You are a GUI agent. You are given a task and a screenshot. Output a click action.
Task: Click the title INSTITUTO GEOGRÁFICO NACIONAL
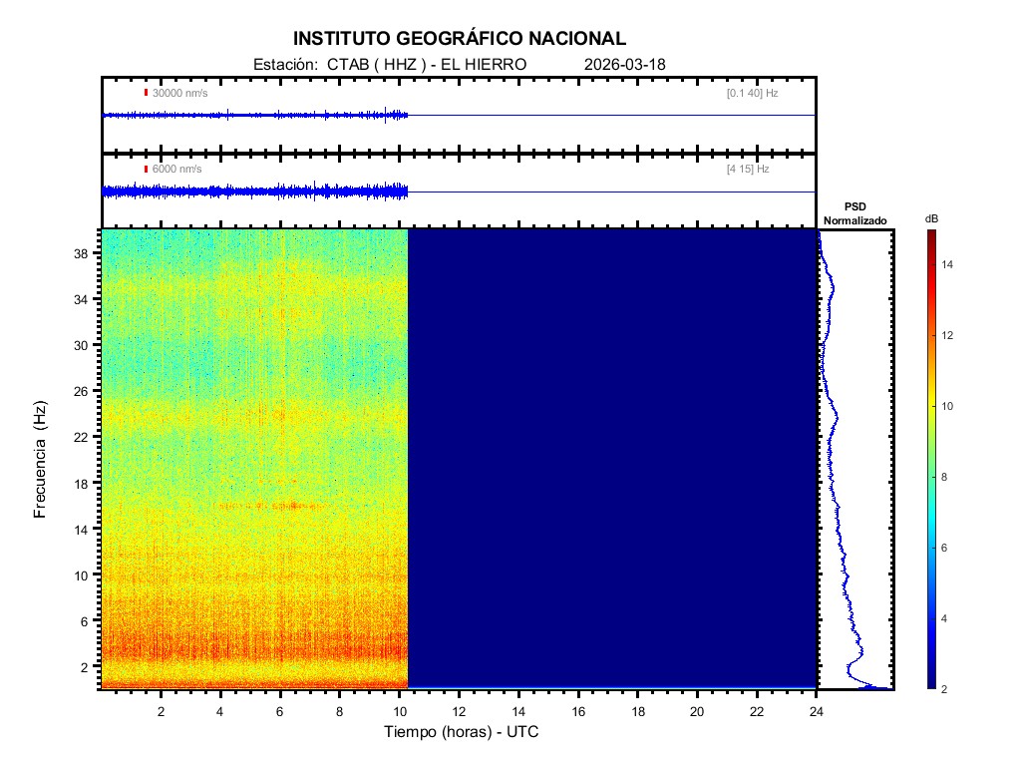pos(460,39)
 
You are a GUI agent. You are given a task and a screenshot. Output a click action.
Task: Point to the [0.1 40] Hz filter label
pos(752,93)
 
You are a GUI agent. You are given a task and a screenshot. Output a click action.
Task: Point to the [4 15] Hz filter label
pos(748,169)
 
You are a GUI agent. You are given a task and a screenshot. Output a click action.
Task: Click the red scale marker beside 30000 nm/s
pos(146,93)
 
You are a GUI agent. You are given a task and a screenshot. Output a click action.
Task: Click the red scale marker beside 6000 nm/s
pos(146,169)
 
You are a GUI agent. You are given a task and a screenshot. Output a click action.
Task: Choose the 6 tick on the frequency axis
pos(86,620)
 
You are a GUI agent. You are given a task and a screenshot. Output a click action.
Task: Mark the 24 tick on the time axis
pos(817,711)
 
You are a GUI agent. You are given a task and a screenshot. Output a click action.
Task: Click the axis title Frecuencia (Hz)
pos(41,459)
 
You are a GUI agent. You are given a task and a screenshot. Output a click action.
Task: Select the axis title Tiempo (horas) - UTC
pos(462,732)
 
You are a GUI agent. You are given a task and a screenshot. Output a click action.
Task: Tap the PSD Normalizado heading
pos(854,213)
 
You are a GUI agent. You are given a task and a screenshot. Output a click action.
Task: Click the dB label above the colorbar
pos(930,217)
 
